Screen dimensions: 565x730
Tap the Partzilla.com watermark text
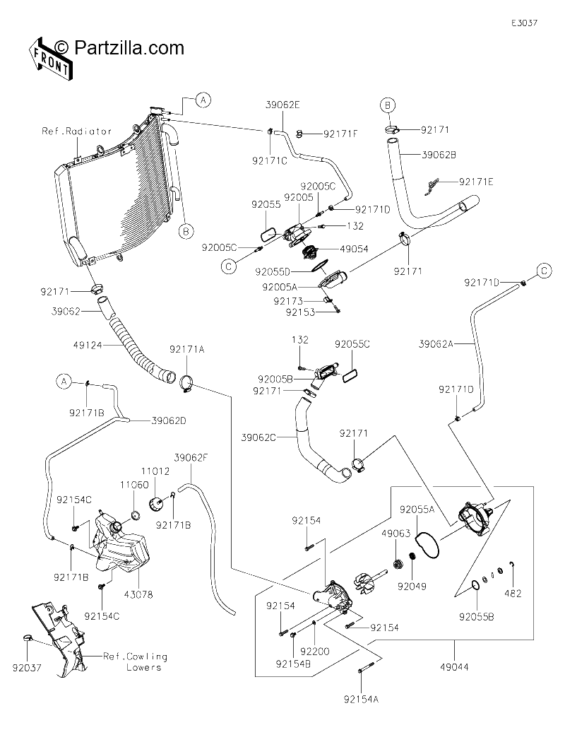point(119,47)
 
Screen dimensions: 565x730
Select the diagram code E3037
point(525,23)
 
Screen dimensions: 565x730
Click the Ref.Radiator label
point(77,131)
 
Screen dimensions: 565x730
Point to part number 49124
point(88,346)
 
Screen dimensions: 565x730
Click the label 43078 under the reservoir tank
point(138,594)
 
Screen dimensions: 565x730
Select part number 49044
point(454,667)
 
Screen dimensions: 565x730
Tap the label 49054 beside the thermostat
point(354,249)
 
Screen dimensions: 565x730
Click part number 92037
point(27,668)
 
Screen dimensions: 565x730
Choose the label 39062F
point(191,458)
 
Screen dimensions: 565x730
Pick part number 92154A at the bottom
point(361,699)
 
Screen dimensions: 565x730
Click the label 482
point(513,594)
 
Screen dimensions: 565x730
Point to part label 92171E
point(476,182)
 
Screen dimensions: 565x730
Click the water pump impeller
point(364,582)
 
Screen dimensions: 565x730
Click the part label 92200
point(314,652)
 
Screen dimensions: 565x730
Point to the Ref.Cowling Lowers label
point(135,662)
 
